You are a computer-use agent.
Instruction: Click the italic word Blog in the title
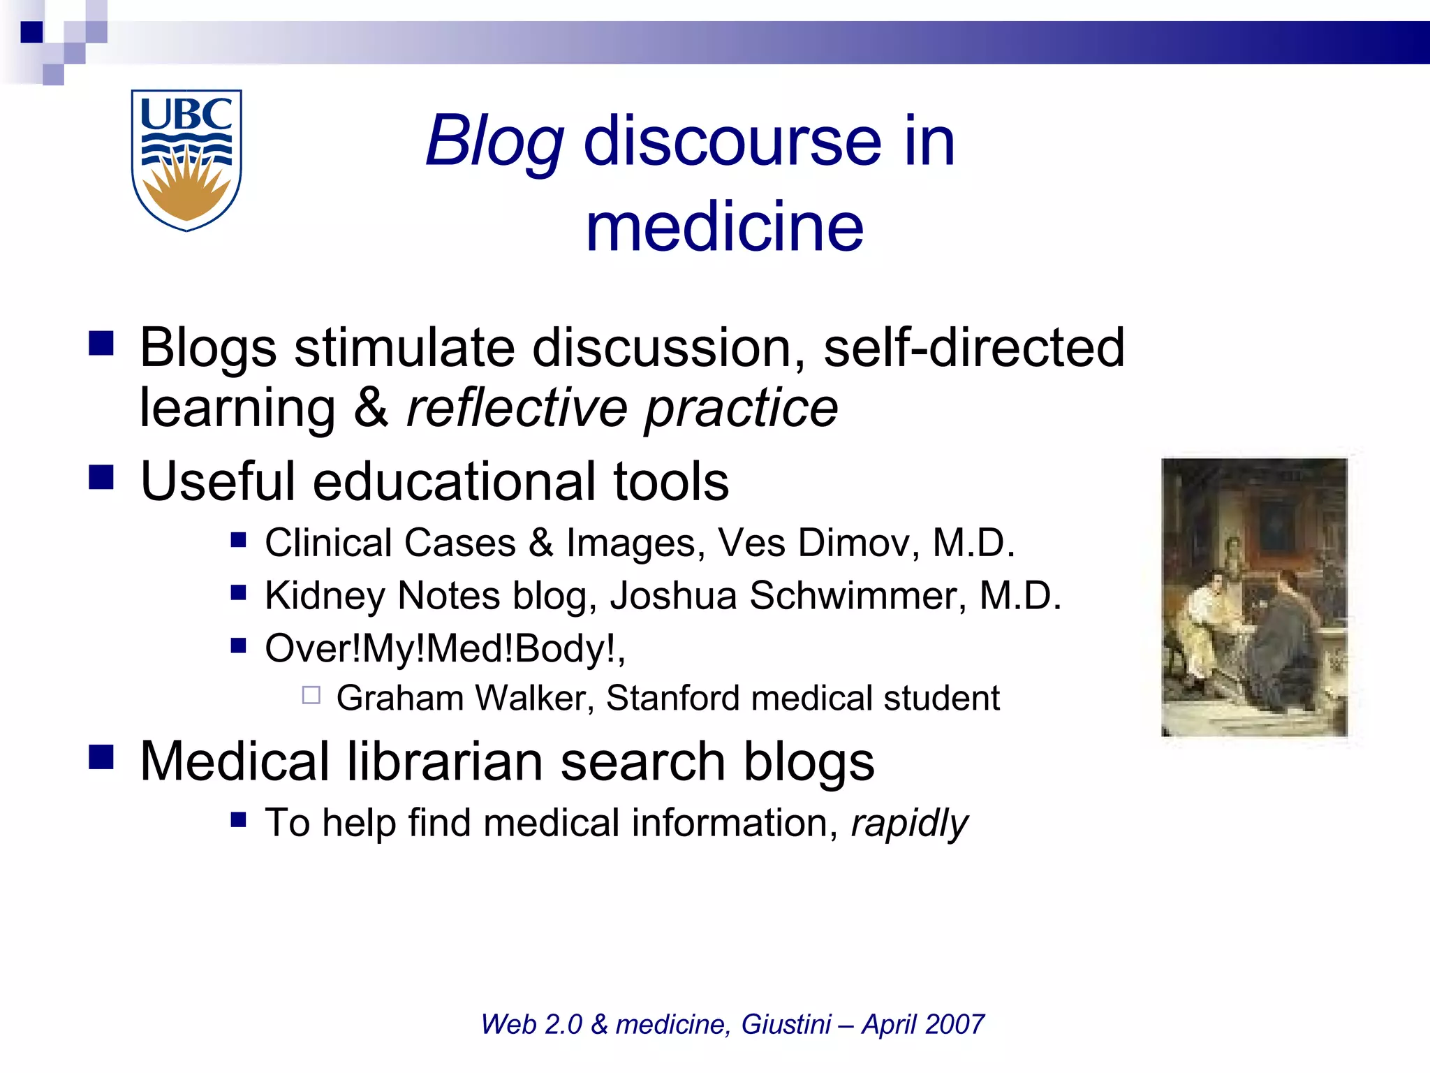click(x=495, y=142)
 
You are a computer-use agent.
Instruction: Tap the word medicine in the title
click(x=725, y=227)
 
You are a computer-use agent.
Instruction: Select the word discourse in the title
click(x=732, y=142)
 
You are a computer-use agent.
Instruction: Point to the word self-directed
click(x=974, y=347)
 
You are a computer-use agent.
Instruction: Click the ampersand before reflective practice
click(x=371, y=408)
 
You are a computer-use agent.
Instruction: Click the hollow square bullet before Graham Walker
click(x=311, y=695)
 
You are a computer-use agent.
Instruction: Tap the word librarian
click(x=444, y=761)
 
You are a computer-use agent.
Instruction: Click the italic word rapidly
click(x=909, y=823)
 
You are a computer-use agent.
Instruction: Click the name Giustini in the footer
click(x=786, y=1024)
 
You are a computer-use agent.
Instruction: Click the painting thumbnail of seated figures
click(x=1254, y=597)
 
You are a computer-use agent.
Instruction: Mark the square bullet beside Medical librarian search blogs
click(x=101, y=757)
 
